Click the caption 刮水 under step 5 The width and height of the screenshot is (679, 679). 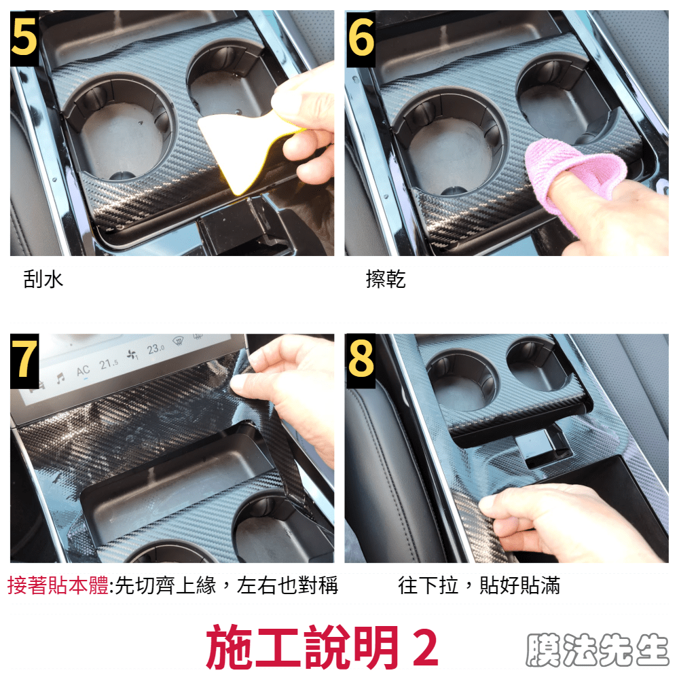pyautogui.click(x=43, y=279)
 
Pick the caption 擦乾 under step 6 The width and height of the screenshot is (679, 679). pyautogui.click(x=386, y=279)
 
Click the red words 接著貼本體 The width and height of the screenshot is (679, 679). pyautogui.click(x=58, y=585)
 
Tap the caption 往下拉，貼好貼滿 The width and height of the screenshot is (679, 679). pyautogui.click(x=479, y=585)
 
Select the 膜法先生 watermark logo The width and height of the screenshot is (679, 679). pyautogui.click(x=598, y=650)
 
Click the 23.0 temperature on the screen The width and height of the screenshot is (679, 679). pyautogui.click(x=155, y=349)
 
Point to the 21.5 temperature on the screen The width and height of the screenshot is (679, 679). pyautogui.click(x=108, y=364)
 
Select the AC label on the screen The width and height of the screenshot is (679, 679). pyautogui.click(x=83, y=371)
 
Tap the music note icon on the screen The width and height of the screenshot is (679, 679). pyautogui.click(x=60, y=378)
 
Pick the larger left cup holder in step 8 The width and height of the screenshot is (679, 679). pyautogui.click(x=462, y=381)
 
